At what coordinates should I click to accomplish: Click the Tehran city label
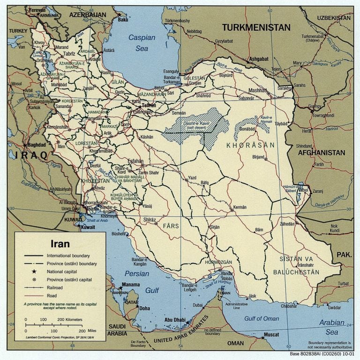tap(149, 105)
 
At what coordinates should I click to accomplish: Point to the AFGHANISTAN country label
tap(321, 153)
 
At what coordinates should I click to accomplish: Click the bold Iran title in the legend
tap(60, 244)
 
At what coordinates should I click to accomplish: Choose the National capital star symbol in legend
tap(34, 272)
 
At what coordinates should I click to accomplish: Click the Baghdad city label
tap(37, 145)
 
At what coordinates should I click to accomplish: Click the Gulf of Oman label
tap(262, 319)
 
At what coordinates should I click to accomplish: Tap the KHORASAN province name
tap(250, 146)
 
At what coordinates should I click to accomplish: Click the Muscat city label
tap(271, 335)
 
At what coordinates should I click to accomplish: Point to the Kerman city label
tap(240, 206)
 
